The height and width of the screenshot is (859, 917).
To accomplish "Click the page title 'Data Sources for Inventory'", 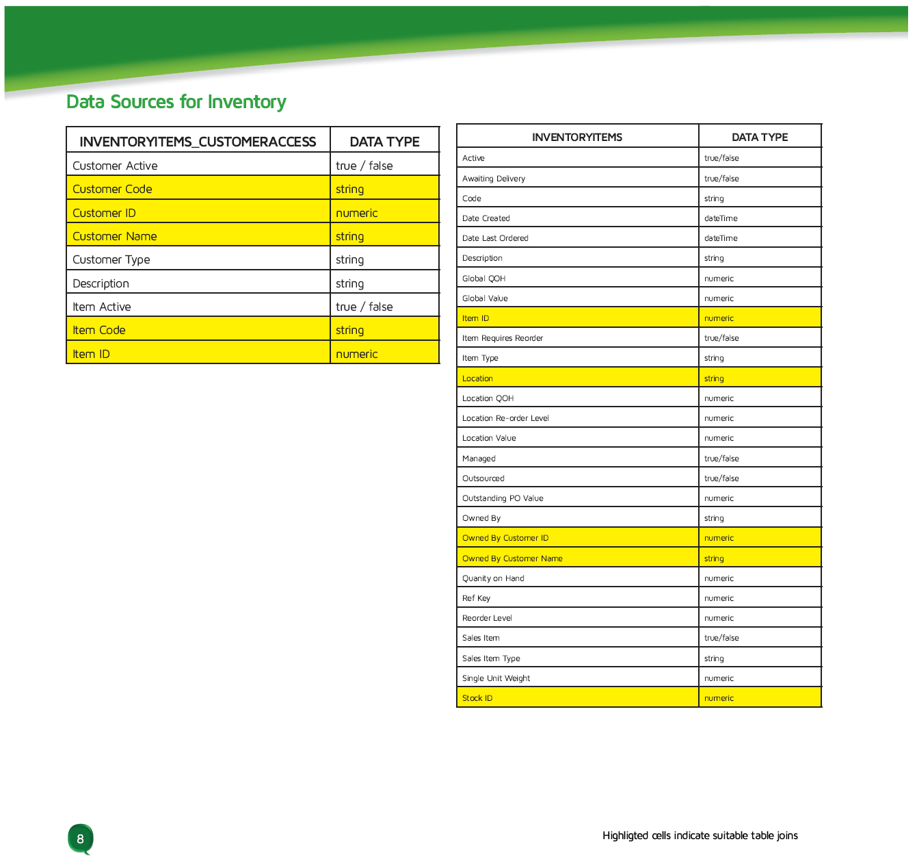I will [176, 102].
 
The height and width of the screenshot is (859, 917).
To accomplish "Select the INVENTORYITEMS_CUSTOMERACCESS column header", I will [198, 142].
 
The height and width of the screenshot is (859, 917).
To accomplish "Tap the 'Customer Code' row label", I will [112, 189].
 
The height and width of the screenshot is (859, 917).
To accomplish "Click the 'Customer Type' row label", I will [111, 259].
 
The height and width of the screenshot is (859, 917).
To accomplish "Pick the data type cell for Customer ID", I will [356, 213].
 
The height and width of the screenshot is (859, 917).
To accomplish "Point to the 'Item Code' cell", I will [99, 330].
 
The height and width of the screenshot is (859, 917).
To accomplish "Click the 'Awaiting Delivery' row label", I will [493, 179].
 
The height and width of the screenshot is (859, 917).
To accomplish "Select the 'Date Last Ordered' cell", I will [495, 238].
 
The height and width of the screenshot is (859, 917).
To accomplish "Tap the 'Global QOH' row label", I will [483, 279].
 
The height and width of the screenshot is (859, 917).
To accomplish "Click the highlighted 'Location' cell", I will [477, 379].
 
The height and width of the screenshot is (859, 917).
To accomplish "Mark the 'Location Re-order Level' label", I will [505, 418].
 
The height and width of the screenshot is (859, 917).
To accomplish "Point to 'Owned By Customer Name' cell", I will [512, 559].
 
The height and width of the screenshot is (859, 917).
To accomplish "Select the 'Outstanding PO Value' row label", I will [503, 498].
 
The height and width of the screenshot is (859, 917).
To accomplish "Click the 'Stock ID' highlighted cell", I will [477, 698].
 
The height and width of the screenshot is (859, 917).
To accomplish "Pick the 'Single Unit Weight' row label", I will [496, 678].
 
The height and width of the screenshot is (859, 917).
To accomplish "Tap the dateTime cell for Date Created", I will [721, 218].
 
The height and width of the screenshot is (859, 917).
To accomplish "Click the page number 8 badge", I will [80, 839].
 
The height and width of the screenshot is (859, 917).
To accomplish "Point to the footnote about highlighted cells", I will [700, 835].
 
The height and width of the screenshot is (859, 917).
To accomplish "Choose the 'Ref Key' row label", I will [476, 598].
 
